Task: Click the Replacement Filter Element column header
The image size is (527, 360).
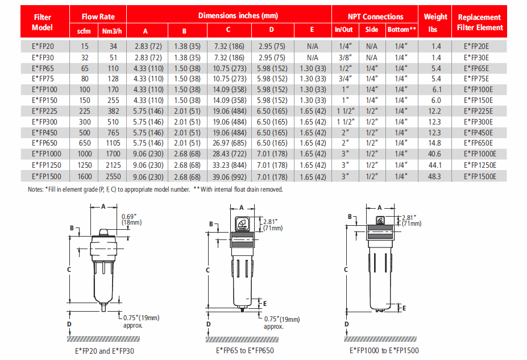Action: (480, 22)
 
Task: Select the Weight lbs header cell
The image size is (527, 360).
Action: (435, 22)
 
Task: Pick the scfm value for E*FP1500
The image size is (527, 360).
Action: (84, 176)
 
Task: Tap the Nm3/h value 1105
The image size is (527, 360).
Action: (111, 144)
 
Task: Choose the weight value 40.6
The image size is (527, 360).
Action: (435, 155)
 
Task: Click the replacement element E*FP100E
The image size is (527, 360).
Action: (479, 90)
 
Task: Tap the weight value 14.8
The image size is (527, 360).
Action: (435, 144)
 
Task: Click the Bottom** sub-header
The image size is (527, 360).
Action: (402, 29)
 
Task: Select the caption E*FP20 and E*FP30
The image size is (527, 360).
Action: (100, 351)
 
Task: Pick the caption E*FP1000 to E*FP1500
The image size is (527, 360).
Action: (384, 351)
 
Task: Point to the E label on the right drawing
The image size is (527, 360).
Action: (404, 308)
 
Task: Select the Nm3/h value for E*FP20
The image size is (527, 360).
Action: (111, 47)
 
